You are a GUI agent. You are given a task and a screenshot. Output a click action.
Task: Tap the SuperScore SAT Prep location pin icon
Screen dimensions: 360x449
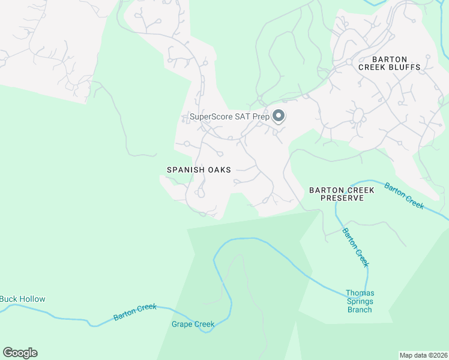coord(279,115)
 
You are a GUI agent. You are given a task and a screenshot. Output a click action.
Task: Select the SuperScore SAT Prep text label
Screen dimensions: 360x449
coord(229,117)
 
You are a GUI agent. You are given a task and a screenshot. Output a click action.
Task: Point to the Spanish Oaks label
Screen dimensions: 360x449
coord(199,170)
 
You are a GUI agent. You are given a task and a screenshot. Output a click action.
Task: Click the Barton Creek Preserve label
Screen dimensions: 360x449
coord(342,194)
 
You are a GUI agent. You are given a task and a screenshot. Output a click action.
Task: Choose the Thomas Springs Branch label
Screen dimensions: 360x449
coord(360,301)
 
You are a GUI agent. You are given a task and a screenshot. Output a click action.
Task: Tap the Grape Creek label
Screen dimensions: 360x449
coord(193,325)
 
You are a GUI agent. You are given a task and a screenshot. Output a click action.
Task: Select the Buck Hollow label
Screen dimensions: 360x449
coord(23,299)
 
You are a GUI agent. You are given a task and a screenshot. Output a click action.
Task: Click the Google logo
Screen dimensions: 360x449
coord(20,353)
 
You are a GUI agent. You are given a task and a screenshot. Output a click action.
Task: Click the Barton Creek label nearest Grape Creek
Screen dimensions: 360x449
coord(135,311)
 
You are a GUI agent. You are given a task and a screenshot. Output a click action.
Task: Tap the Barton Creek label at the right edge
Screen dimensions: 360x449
coord(405,196)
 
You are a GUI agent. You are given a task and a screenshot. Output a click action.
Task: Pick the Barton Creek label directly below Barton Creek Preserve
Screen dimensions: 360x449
coord(355,247)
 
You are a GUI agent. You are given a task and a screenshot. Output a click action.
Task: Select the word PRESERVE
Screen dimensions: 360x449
coord(342,198)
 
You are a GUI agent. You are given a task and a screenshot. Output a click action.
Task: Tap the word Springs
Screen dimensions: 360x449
coord(360,301)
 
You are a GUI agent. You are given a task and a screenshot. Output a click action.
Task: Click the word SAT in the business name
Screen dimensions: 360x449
coord(244,117)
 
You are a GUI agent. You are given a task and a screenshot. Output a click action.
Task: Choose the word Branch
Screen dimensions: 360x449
coord(360,310)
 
